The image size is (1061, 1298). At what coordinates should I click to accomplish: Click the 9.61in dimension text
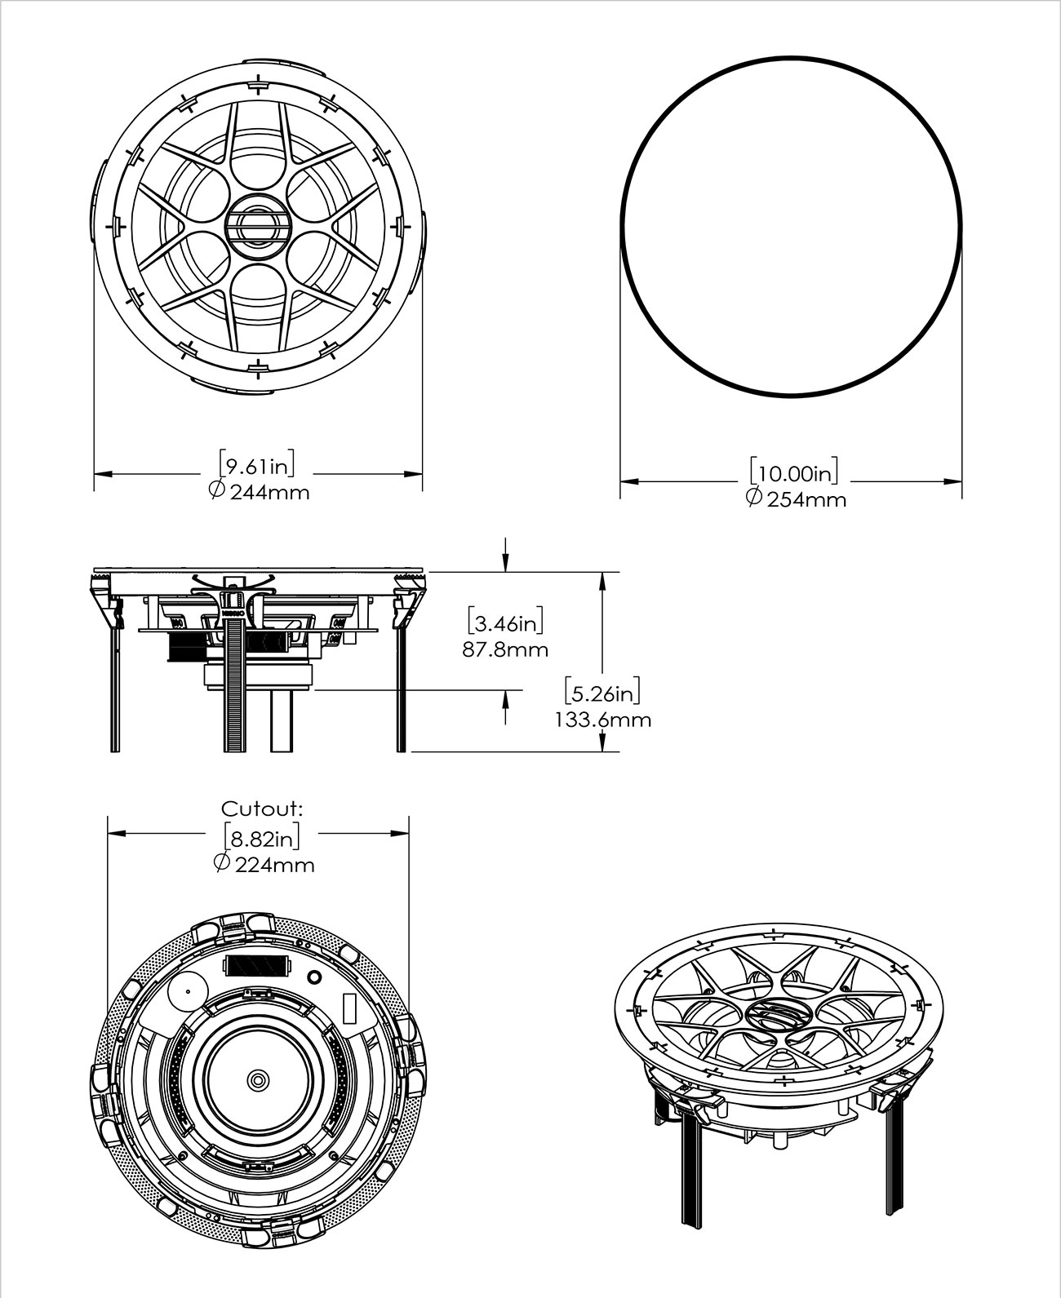pos(256,467)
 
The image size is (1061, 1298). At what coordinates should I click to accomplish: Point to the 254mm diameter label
pos(806,499)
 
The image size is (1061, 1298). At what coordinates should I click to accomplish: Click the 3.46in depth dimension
pos(506,624)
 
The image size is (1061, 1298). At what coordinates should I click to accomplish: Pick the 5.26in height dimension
pos(602,694)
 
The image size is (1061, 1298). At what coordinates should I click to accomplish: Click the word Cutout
pos(262,808)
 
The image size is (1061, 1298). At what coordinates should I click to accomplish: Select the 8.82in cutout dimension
pos(261,838)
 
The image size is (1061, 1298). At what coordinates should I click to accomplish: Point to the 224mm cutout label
pos(274,865)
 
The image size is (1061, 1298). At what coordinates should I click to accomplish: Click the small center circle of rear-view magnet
pos(258,1079)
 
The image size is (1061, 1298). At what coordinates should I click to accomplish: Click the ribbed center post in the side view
pos(233,677)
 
